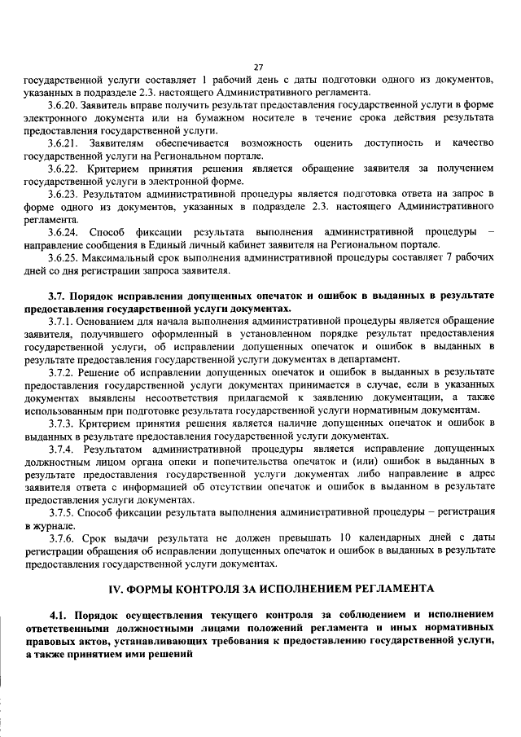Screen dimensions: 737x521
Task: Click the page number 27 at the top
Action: click(258, 67)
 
